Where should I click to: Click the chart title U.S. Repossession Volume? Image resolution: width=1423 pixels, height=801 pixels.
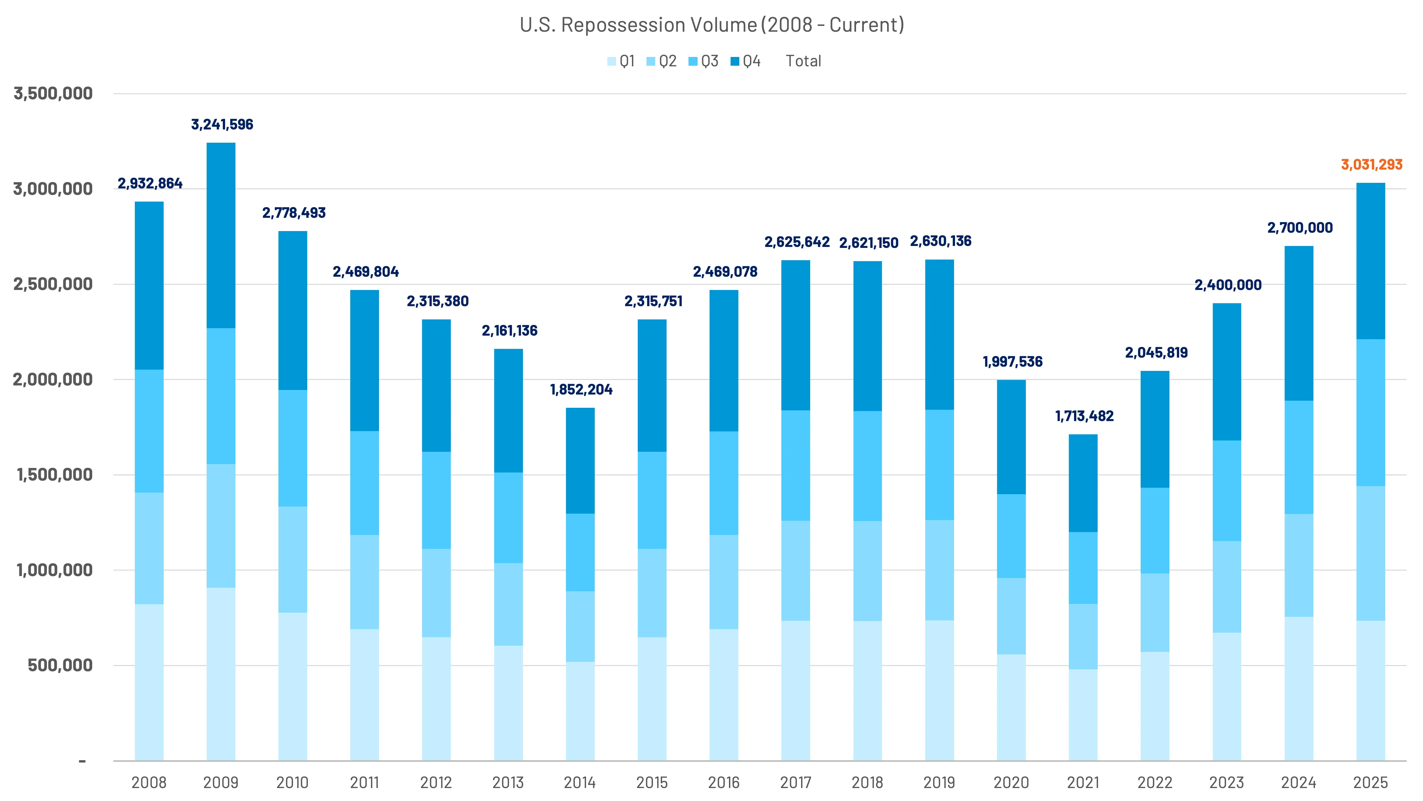click(711, 25)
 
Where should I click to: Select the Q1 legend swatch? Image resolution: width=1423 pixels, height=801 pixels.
click(612, 61)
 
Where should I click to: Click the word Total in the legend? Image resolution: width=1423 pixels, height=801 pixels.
click(803, 61)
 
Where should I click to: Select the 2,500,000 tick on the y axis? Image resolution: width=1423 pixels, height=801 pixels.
click(53, 284)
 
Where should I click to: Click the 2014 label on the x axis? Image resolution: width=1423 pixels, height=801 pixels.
click(580, 783)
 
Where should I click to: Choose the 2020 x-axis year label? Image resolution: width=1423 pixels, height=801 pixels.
click(1011, 783)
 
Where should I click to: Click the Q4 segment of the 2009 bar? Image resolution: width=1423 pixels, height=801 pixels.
click(221, 236)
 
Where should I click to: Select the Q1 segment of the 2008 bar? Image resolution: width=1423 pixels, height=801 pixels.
click(149, 682)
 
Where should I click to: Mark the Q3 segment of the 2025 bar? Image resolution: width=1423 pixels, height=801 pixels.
click(1371, 412)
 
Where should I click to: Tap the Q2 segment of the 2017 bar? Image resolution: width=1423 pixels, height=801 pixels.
click(796, 571)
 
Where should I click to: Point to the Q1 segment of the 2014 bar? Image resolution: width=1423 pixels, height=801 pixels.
click(580, 711)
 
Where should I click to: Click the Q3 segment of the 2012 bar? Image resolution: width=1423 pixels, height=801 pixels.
click(436, 500)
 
